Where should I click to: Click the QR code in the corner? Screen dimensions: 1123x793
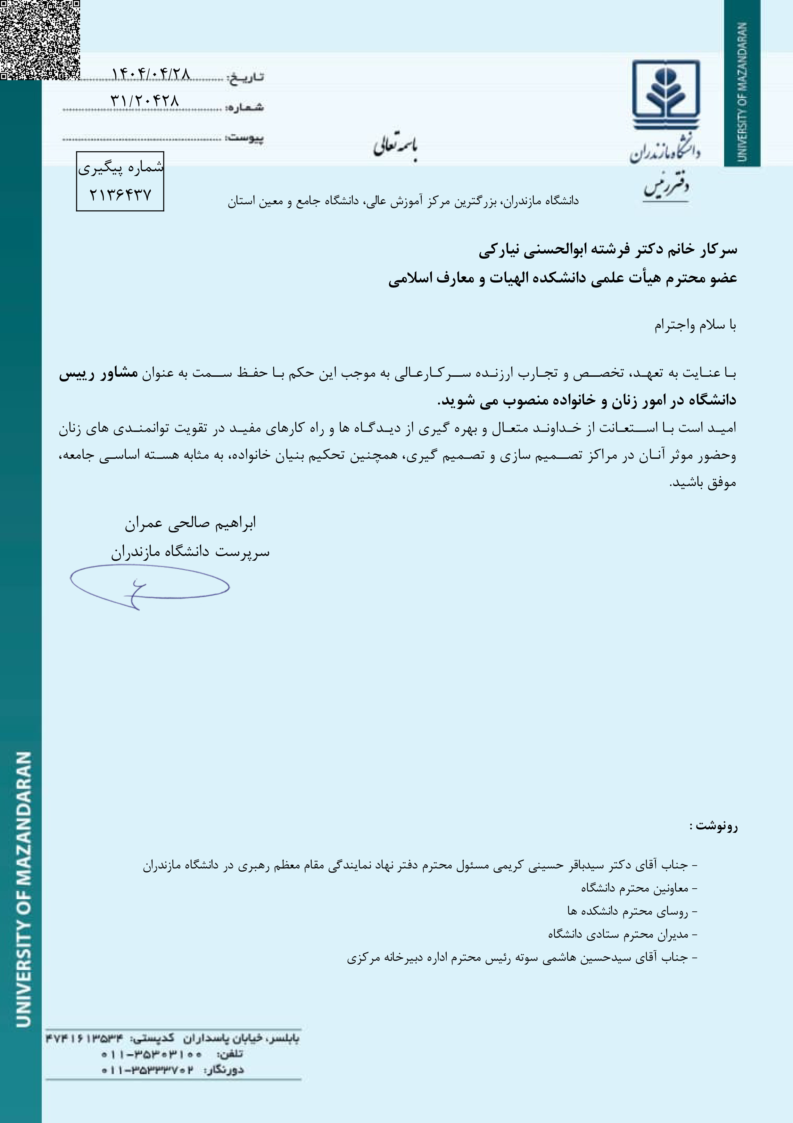point(39,39)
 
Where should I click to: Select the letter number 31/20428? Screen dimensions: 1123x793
point(145,101)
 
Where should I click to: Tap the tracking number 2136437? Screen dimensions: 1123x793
point(120,195)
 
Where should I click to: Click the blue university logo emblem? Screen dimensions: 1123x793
point(665,94)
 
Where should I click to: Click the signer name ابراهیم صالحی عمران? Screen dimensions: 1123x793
point(190,523)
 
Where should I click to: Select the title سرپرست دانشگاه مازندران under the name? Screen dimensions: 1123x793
point(190,553)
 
